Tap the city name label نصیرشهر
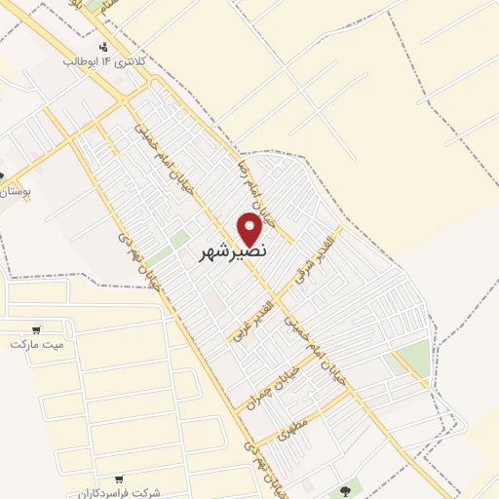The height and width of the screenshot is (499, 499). click(235, 251)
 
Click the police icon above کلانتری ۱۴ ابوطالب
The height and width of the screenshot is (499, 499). click(104, 46)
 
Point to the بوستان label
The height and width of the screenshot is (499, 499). click(17, 193)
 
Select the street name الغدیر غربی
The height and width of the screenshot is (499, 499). click(251, 314)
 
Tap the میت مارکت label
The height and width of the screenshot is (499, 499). click(36, 344)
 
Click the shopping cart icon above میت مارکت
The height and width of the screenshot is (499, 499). click(37, 329)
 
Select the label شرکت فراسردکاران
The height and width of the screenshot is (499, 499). click(120, 492)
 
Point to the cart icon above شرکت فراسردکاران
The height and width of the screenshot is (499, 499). click(119, 479)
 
